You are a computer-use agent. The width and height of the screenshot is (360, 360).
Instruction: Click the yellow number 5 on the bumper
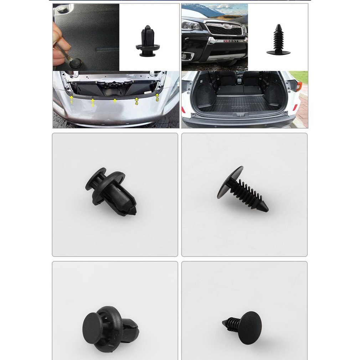(157, 100)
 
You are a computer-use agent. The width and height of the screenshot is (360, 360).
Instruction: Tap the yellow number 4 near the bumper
(136, 103)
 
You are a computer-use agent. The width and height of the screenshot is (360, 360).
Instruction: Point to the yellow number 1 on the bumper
(72, 102)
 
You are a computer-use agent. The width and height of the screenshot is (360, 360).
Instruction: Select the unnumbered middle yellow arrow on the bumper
(115, 101)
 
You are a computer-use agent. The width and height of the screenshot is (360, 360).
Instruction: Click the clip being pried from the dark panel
(74, 63)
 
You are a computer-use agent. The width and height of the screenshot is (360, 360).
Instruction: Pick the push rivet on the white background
(148, 42)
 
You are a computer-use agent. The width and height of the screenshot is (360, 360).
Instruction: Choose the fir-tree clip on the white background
(278, 40)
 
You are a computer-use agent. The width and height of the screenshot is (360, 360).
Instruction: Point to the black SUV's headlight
(191, 26)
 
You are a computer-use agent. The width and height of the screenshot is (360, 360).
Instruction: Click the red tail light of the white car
(298, 87)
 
